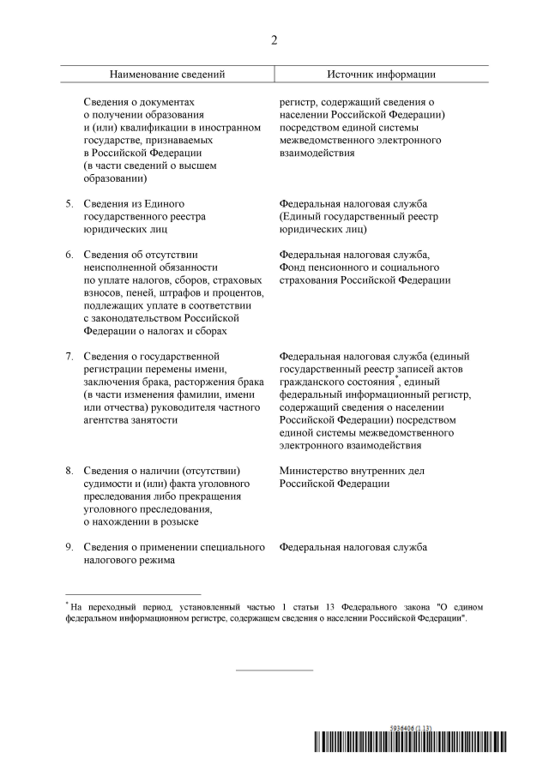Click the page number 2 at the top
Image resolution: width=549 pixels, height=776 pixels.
point(274,40)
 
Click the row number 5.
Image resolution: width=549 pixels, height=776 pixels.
point(70,203)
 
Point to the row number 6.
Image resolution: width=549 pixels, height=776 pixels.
point(70,255)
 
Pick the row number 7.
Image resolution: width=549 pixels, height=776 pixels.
point(70,356)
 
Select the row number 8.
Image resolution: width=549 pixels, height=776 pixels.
point(70,471)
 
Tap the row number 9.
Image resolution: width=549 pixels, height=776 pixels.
point(70,547)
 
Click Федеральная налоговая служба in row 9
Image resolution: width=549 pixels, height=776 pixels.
point(353,547)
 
